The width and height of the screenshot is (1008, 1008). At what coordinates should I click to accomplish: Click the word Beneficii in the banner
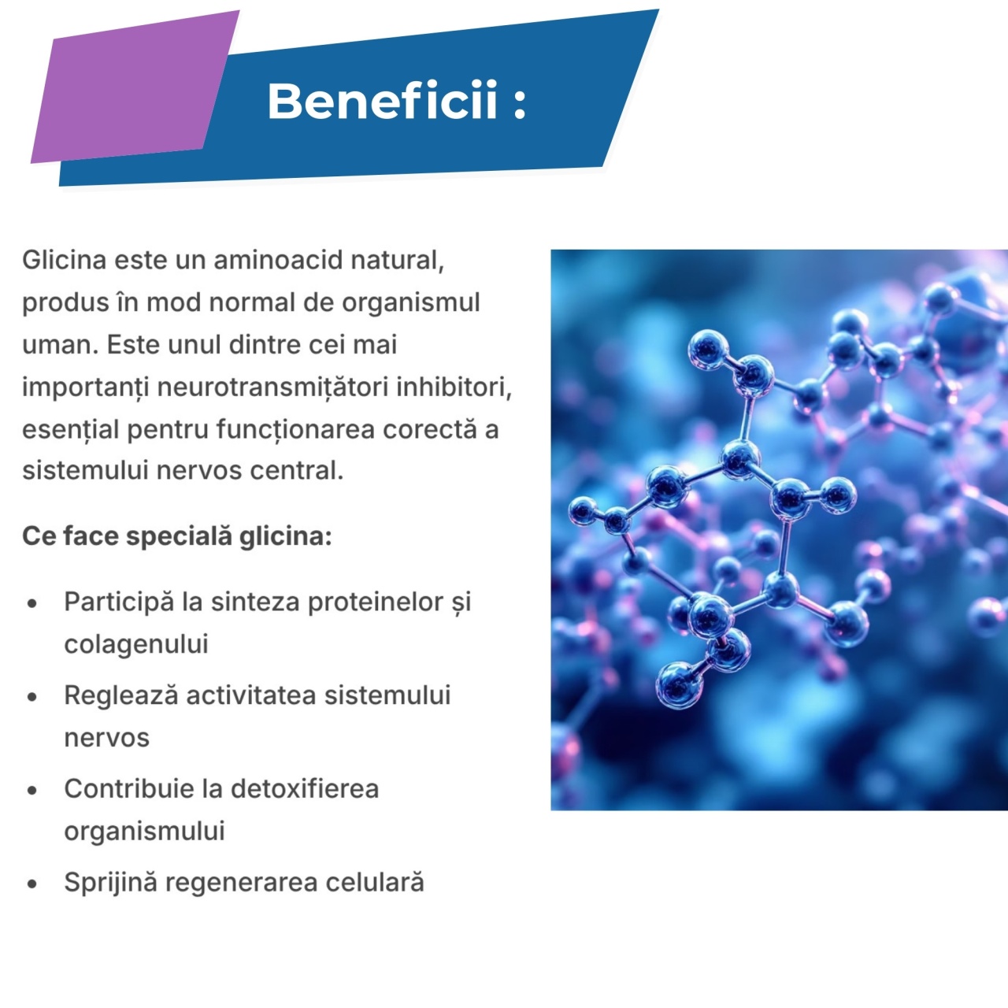[x=383, y=101]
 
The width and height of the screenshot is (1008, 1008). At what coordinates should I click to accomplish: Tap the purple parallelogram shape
[x=135, y=87]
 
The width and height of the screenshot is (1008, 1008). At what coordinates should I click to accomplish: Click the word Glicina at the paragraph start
[x=65, y=259]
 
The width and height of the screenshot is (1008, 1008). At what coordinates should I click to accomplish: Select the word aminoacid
[x=278, y=259]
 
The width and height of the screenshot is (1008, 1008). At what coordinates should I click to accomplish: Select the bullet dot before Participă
[x=32, y=604]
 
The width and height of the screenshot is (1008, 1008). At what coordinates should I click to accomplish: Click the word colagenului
[x=136, y=644]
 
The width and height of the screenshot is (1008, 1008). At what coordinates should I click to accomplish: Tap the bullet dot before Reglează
[x=32, y=697]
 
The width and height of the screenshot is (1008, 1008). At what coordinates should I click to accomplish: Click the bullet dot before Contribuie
[x=32, y=791]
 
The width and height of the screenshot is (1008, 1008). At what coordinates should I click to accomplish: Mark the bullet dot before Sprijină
[x=32, y=884]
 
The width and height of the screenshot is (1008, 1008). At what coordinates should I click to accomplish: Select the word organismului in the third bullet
[x=144, y=831]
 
